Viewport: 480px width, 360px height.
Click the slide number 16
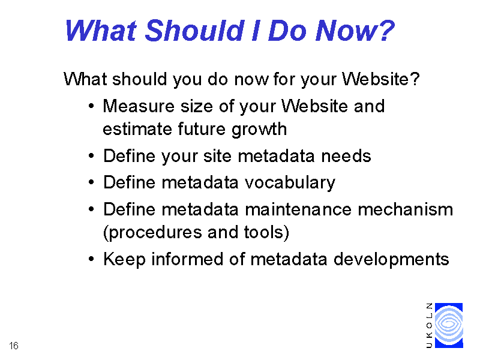click(x=14, y=346)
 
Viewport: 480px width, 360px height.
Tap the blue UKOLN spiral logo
click(x=449, y=325)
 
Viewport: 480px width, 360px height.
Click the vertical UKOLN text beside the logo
click(x=429, y=325)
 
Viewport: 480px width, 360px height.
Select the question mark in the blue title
click(x=386, y=30)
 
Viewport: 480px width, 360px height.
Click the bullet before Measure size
click(x=91, y=106)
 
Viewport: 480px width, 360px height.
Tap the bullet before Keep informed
click(x=91, y=259)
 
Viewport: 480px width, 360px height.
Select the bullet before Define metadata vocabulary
click(x=91, y=182)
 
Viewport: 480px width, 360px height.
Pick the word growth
click(x=259, y=130)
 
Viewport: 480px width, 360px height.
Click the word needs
click(x=346, y=156)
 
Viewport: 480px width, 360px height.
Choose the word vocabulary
click(x=290, y=184)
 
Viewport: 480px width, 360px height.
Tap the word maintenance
click(x=298, y=209)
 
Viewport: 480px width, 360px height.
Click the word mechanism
click(x=406, y=209)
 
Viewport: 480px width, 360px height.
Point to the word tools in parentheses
click(x=263, y=232)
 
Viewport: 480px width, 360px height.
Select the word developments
click(x=391, y=260)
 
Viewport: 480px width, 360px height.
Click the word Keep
click(x=124, y=260)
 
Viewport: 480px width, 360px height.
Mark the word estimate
click(x=137, y=129)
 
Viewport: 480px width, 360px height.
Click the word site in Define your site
click(x=217, y=156)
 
